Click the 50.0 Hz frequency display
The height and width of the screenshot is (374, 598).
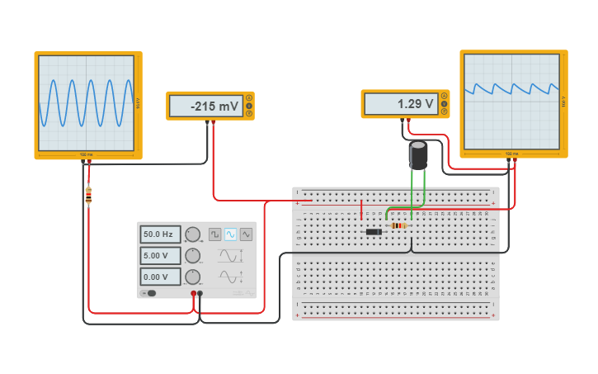(x=159, y=234)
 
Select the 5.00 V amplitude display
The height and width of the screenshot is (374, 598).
(x=159, y=256)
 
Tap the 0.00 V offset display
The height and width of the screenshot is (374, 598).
(x=159, y=277)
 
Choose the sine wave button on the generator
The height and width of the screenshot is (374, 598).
(x=230, y=234)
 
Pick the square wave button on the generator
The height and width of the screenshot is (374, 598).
(x=214, y=234)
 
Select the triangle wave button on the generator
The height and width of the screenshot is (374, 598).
(x=246, y=234)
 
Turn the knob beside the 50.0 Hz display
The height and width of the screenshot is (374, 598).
(x=192, y=234)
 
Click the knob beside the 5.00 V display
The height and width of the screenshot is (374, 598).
(x=192, y=256)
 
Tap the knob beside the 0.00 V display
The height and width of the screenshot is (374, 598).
(x=192, y=277)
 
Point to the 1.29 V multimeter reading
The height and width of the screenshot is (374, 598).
(x=400, y=104)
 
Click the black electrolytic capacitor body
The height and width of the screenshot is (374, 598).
(x=418, y=155)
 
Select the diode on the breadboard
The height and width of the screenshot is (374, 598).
(x=374, y=232)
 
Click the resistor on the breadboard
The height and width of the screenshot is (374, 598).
(x=399, y=225)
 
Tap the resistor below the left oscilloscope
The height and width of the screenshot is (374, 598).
(x=88, y=195)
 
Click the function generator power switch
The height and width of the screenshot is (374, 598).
(x=149, y=293)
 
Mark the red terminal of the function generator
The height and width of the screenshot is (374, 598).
(x=193, y=293)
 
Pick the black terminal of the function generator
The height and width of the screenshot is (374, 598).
(x=200, y=293)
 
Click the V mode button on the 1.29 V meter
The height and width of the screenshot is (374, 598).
(x=445, y=104)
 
